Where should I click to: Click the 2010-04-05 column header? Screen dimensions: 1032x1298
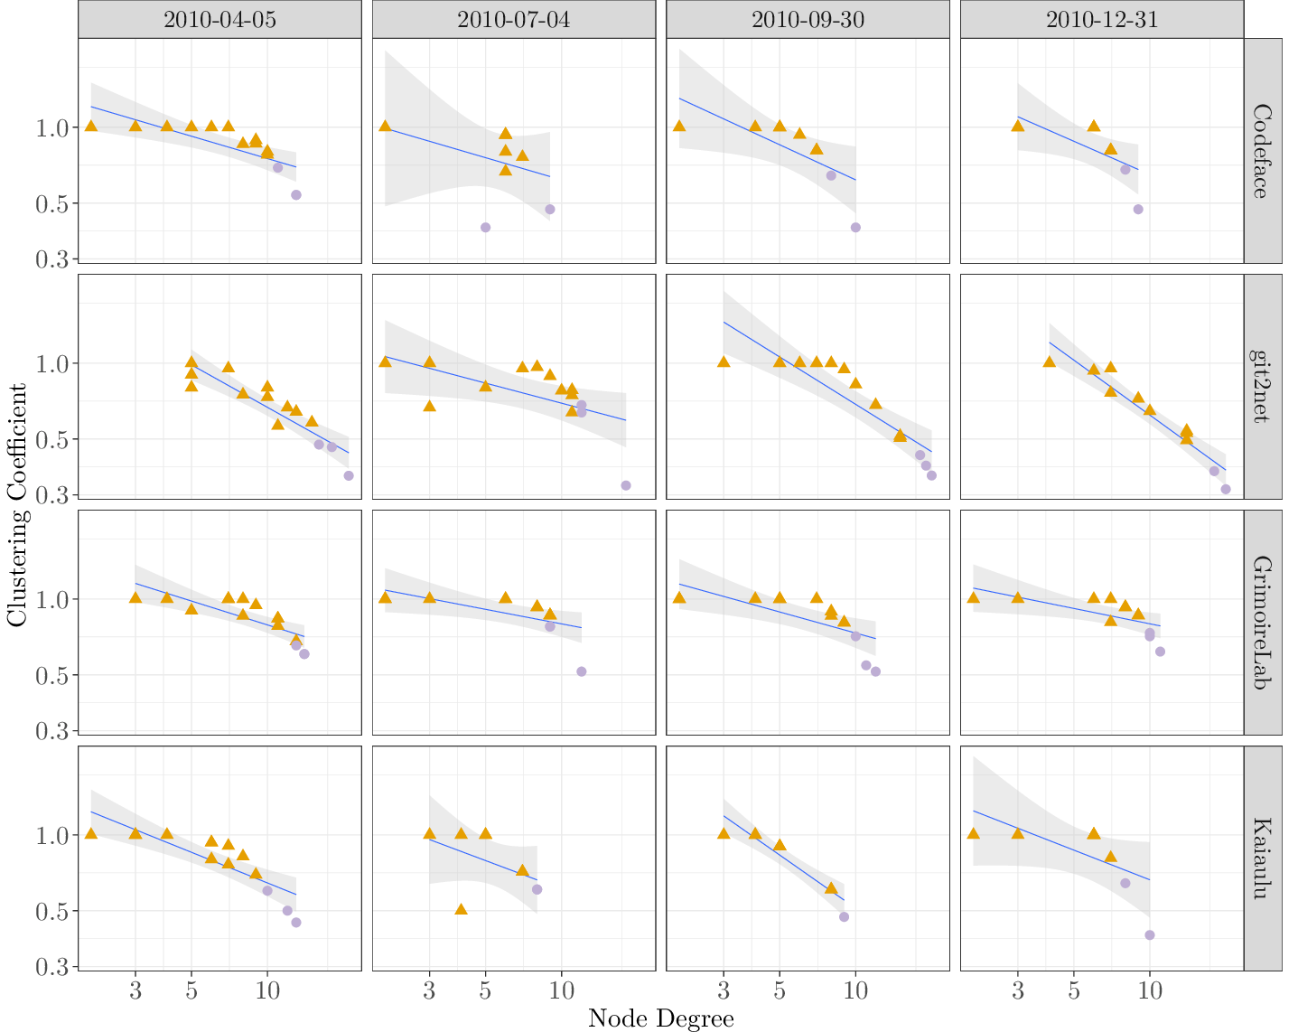[219, 20]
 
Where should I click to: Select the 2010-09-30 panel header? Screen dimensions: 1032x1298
[808, 20]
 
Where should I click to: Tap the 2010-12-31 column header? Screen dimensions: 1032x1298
[1102, 20]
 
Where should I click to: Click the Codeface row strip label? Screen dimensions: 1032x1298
[1263, 151]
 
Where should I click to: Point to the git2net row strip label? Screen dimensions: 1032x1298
[1263, 387]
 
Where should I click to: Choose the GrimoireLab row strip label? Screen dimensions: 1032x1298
[1263, 623]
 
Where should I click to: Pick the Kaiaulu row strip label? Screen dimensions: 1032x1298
[1263, 858]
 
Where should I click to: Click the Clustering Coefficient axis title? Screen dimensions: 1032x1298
[17, 505]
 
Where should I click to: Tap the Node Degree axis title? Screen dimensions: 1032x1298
[660, 1019]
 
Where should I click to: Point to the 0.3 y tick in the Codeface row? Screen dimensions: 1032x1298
[51, 260]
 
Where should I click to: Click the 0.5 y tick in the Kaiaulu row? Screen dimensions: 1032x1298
[51, 912]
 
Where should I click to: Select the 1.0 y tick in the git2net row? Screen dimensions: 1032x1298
[51, 364]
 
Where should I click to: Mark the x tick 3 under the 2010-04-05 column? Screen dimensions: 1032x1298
[135, 991]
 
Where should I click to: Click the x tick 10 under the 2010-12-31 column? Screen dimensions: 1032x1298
[1149, 991]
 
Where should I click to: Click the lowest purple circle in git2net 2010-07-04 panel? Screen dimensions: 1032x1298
[626, 485]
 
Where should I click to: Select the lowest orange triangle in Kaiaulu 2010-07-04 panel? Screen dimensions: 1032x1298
[461, 909]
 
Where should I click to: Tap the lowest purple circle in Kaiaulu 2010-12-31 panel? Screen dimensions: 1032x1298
[1150, 935]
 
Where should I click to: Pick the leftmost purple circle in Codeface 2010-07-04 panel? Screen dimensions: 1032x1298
[485, 228]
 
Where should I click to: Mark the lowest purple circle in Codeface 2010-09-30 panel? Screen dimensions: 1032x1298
[855, 228]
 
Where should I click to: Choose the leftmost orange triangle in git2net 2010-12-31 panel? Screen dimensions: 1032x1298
[1049, 361]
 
